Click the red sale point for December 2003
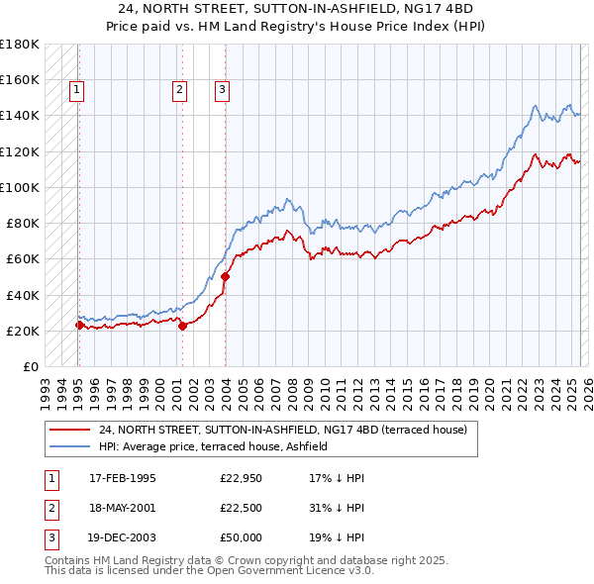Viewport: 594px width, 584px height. click(225, 276)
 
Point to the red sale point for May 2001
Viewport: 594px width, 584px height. click(182, 326)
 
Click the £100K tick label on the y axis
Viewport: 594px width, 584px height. click(20, 187)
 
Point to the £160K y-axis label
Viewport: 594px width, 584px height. click(20, 79)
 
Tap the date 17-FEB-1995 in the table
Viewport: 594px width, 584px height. click(123, 478)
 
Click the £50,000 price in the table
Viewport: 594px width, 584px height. click(242, 537)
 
